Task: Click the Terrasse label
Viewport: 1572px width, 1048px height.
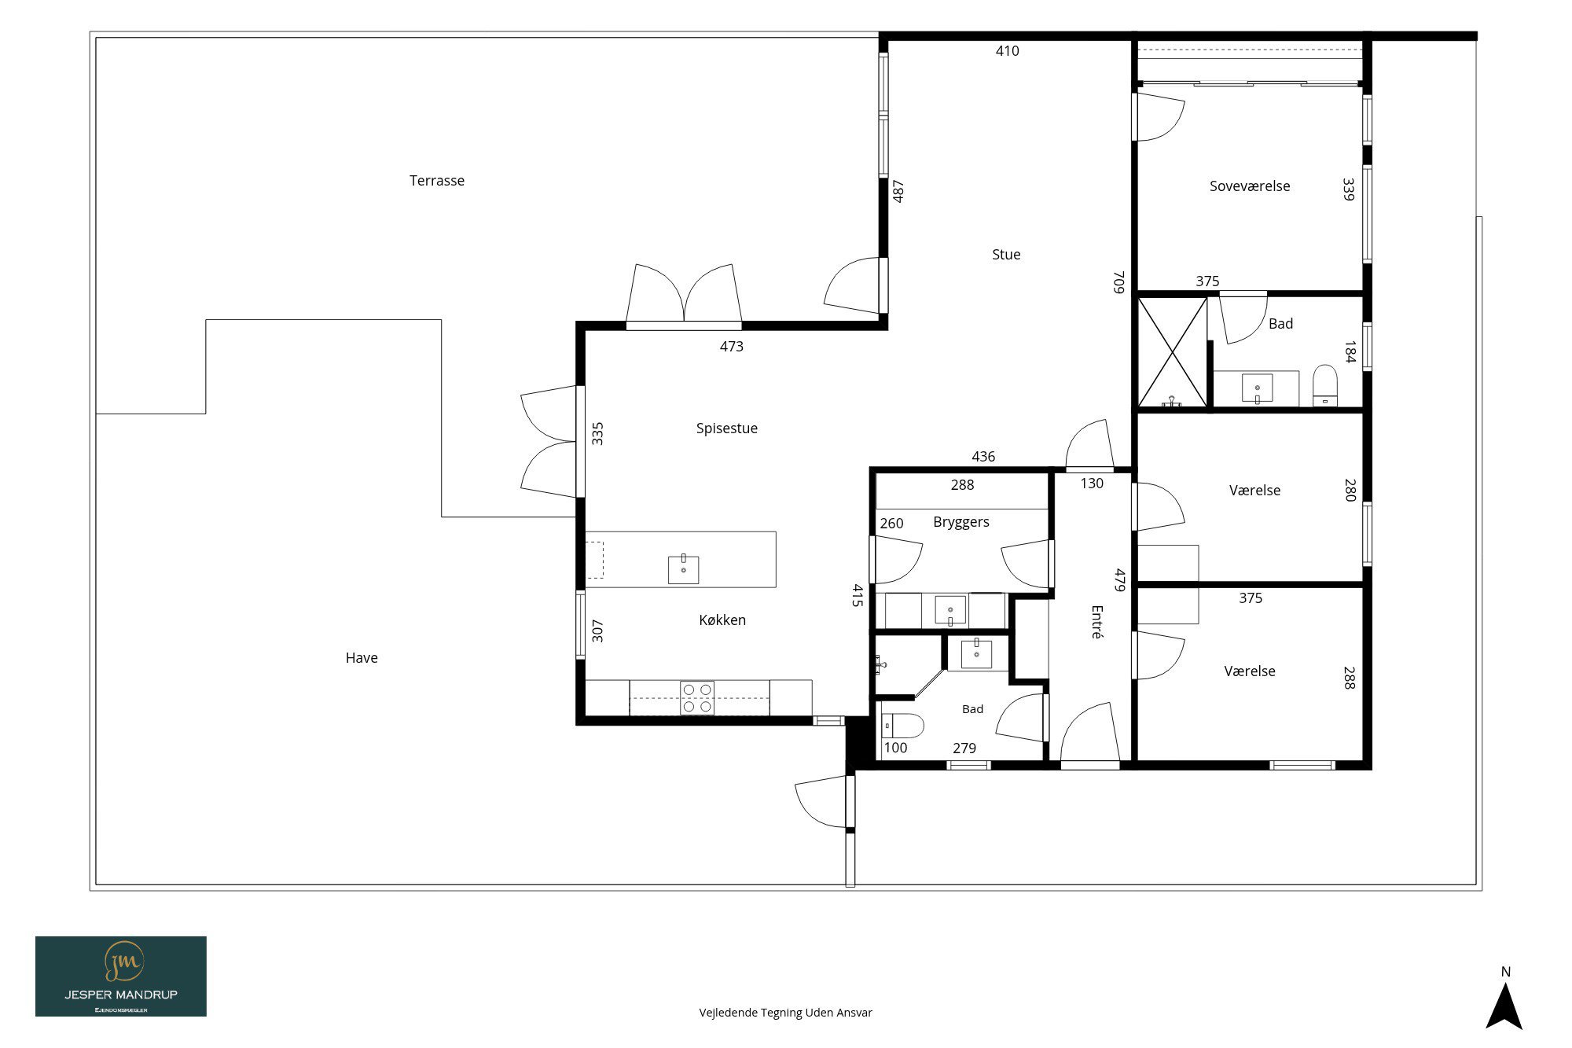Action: coord(437,181)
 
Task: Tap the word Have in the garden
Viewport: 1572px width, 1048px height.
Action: coord(362,658)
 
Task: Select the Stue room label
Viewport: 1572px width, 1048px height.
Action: coord(1006,255)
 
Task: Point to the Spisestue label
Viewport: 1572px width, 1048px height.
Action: coord(727,428)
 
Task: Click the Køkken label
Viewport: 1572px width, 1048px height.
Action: coord(722,620)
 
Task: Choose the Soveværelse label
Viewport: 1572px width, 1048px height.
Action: coord(1250,186)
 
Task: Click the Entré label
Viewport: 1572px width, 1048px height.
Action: coord(1097,621)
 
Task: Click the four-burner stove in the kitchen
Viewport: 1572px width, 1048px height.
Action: coord(698,698)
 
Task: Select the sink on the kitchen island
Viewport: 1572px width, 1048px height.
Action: coord(683,568)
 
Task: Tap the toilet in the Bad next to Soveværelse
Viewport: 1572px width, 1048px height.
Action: coord(1325,384)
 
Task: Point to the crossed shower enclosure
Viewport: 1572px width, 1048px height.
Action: coord(1173,352)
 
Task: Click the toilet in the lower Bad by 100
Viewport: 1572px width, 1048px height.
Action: coord(902,725)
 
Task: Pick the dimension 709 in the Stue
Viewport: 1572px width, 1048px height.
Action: coord(1119,282)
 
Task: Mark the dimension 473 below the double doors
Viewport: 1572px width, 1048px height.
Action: coord(732,347)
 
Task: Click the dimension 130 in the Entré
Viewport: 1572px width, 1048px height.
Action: coord(1092,484)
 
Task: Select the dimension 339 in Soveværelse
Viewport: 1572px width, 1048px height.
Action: coord(1349,189)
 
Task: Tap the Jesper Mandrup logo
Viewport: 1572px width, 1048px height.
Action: coord(121,976)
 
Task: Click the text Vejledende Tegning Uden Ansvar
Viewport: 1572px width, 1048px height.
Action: coord(786,1013)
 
